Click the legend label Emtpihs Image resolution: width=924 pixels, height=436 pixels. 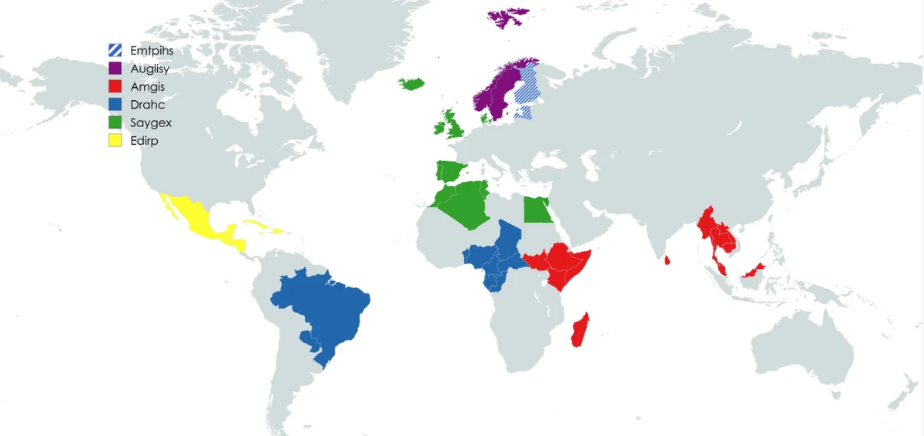click(151, 50)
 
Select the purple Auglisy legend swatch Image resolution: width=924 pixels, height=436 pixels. click(115, 69)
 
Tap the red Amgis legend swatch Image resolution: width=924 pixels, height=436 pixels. click(115, 87)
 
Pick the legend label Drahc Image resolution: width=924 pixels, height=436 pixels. click(147, 105)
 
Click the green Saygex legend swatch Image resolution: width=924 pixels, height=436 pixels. click(115, 122)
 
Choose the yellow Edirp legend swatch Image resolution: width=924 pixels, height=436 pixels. click(115, 141)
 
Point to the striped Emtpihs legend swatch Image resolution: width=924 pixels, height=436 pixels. click(115, 50)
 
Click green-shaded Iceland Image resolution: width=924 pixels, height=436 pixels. click(412, 82)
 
